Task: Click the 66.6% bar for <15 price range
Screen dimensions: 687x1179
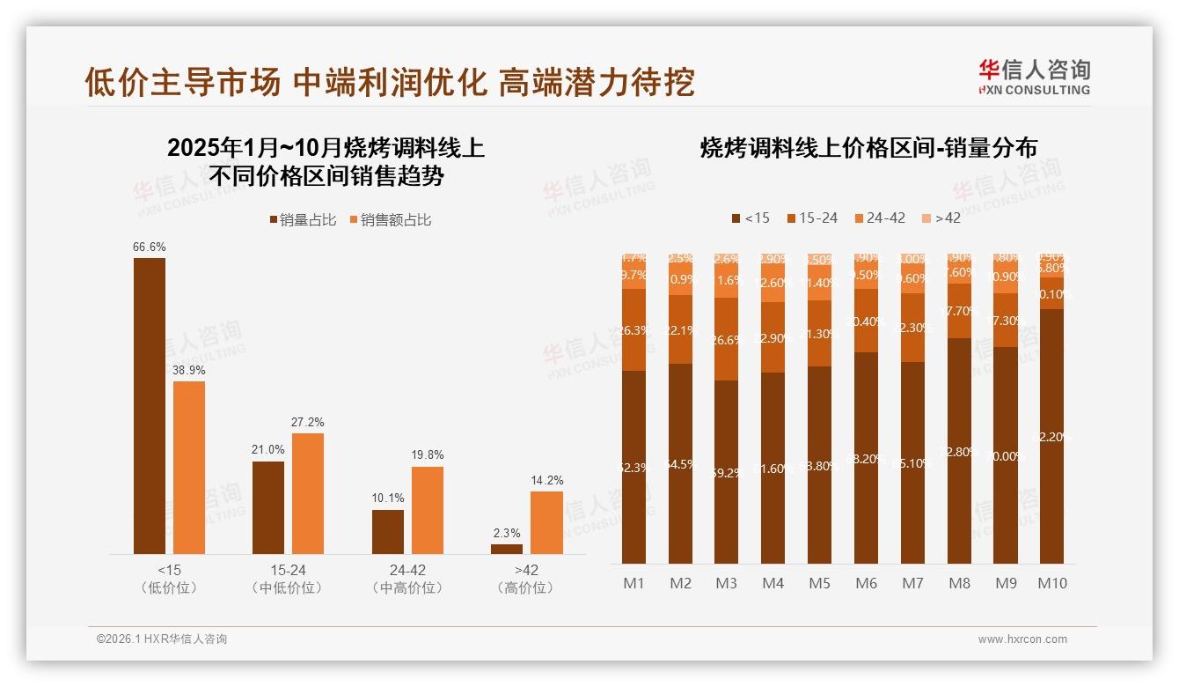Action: [x=149, y=405]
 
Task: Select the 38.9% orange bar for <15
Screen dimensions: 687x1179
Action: [x=188, y=467]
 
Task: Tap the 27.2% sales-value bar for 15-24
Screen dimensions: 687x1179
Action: [x=308, y=493]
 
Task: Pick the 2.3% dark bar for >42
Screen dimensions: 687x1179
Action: [x=507, y=549]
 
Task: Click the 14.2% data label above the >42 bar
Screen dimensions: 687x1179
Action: [x=547, y=480]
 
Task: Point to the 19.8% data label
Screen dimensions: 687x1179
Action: [x=428, y=455]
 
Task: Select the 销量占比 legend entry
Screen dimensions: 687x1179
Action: [x=303, y=220]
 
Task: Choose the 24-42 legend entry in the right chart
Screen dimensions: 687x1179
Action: [x=879, y=218]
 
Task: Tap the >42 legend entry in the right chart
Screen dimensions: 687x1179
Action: [x=941, y=218]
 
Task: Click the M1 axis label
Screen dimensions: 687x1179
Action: [x=633, y=583]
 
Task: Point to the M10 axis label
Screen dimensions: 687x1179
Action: [x=1051, y=583]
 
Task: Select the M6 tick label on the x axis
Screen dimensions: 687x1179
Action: [x=866, y=583]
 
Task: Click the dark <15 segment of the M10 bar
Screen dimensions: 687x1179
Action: [x=1051, y=436]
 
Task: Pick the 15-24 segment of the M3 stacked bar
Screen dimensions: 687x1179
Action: [x=726, y=339]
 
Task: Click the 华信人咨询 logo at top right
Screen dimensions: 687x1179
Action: [x=1034, y=77]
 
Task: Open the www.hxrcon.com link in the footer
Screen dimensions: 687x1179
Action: [x=1022, y=639]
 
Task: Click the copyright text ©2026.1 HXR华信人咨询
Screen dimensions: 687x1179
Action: [x=162, y=639]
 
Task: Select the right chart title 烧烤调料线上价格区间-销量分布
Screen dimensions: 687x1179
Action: [x=868, y=148]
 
